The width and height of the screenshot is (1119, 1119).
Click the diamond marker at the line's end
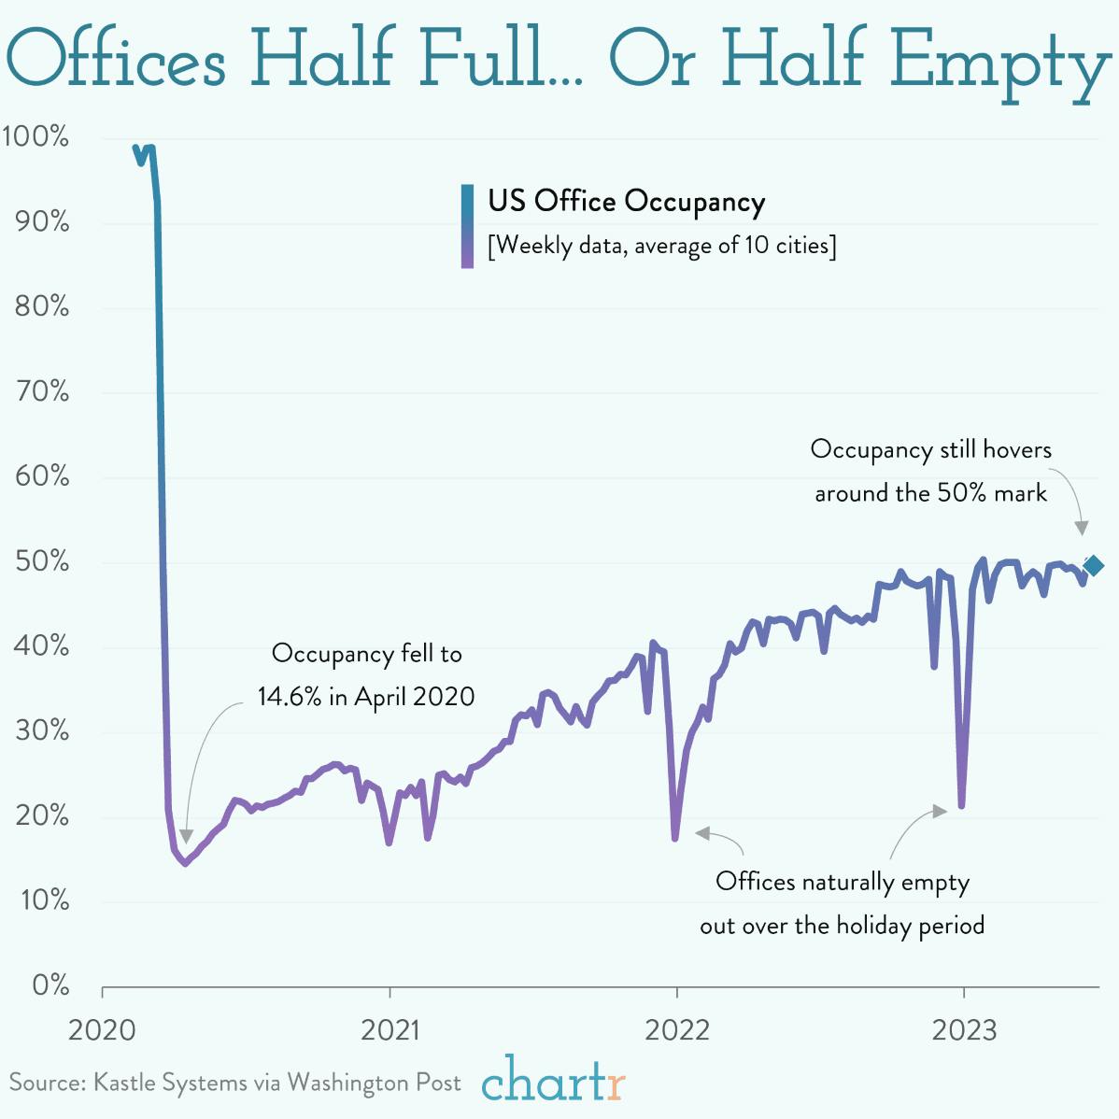(x=1093, y=565)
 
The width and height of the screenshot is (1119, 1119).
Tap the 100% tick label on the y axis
(x=35, y=136)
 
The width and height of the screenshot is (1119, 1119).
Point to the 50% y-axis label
(x=41, y=561)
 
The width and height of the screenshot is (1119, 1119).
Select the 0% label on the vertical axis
(x=50, y=985)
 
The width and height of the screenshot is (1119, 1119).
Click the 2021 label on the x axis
(x=390, y=1031)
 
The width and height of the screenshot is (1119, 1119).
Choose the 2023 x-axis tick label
(x=964, y=1031)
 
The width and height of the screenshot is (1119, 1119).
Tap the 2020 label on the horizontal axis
(x=102, y=1031)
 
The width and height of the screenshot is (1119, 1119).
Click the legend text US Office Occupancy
(x=626, y=201)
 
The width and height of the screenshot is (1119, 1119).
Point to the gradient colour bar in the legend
(x=467, y=226)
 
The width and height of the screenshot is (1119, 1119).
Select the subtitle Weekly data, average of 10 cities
(x=661, y=246)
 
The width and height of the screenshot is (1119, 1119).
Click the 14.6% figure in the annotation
(x=290, y=697)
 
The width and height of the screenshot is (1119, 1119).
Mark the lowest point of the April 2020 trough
(x=185, y=863)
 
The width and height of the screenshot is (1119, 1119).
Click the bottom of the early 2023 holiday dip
(x=961, y=805)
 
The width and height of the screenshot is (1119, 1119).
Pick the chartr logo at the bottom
(x=553, y=1081)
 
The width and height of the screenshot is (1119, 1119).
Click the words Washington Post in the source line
(x=374, y=1083)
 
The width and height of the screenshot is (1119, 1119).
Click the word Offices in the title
(x=117, y=58)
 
